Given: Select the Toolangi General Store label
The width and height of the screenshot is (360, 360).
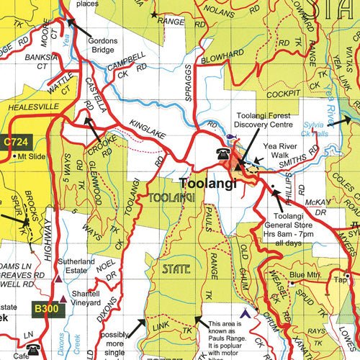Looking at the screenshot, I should tap(292, 220).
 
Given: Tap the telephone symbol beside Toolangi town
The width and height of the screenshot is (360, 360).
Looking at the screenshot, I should tap(222, 154).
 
